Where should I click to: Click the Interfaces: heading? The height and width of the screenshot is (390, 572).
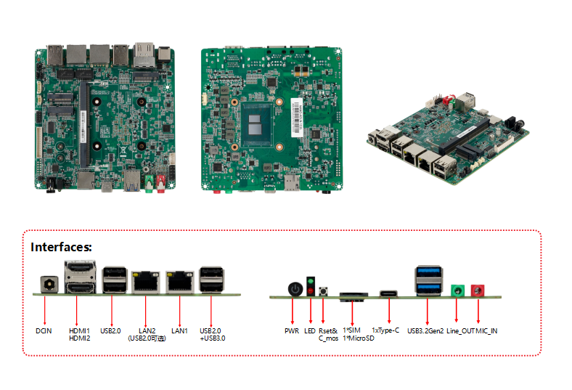pyautogui.click(x=61, y=248)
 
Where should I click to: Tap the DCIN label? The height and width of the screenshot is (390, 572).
pyautogui.click(x=44, y=330)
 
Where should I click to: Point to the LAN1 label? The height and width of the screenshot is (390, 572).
pyautogui.click(x=179, y=330)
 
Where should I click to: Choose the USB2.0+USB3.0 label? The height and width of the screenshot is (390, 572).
pyautogui.click(x=213, y=334)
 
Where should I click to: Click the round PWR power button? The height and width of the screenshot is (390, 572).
pyautogui.click(x=295, y=289)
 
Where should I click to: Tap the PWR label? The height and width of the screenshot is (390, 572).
pyautogui.click(x=292, y=330)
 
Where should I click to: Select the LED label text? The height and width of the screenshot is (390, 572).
pyautogui.click(x=311, y=330)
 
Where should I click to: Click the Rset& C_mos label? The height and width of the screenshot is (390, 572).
pyautogui.click(x=328, y=334)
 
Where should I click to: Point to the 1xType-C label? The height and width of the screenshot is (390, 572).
pyautogui.click(x=385, y=330)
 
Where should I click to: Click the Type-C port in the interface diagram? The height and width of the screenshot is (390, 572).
pyautogui.click(x=389, y=294)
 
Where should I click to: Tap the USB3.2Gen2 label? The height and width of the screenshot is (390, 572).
pyautogui.click(x=425, y=330)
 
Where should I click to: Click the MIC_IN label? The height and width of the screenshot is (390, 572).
pyautogui.click(x=487, y=330)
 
